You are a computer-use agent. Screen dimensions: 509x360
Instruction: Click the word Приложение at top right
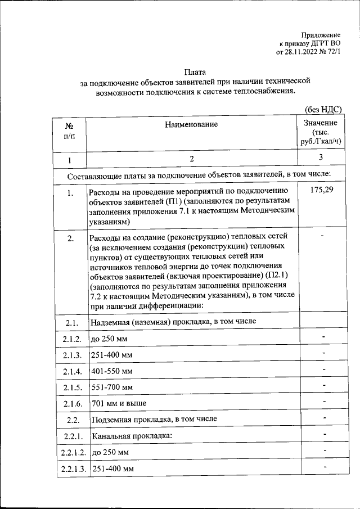321,34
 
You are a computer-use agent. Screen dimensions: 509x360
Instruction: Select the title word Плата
195,72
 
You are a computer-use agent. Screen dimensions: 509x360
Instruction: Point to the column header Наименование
191,124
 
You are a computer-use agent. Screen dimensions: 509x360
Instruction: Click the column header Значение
320,123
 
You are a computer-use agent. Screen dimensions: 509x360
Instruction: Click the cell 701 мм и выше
118,404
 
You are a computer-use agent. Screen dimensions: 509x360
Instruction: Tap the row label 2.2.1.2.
71,453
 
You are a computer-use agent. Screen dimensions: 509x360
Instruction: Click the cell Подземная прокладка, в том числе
153,420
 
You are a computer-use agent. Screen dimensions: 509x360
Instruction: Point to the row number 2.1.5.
71,388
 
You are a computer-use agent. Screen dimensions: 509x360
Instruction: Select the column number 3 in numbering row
320,157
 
